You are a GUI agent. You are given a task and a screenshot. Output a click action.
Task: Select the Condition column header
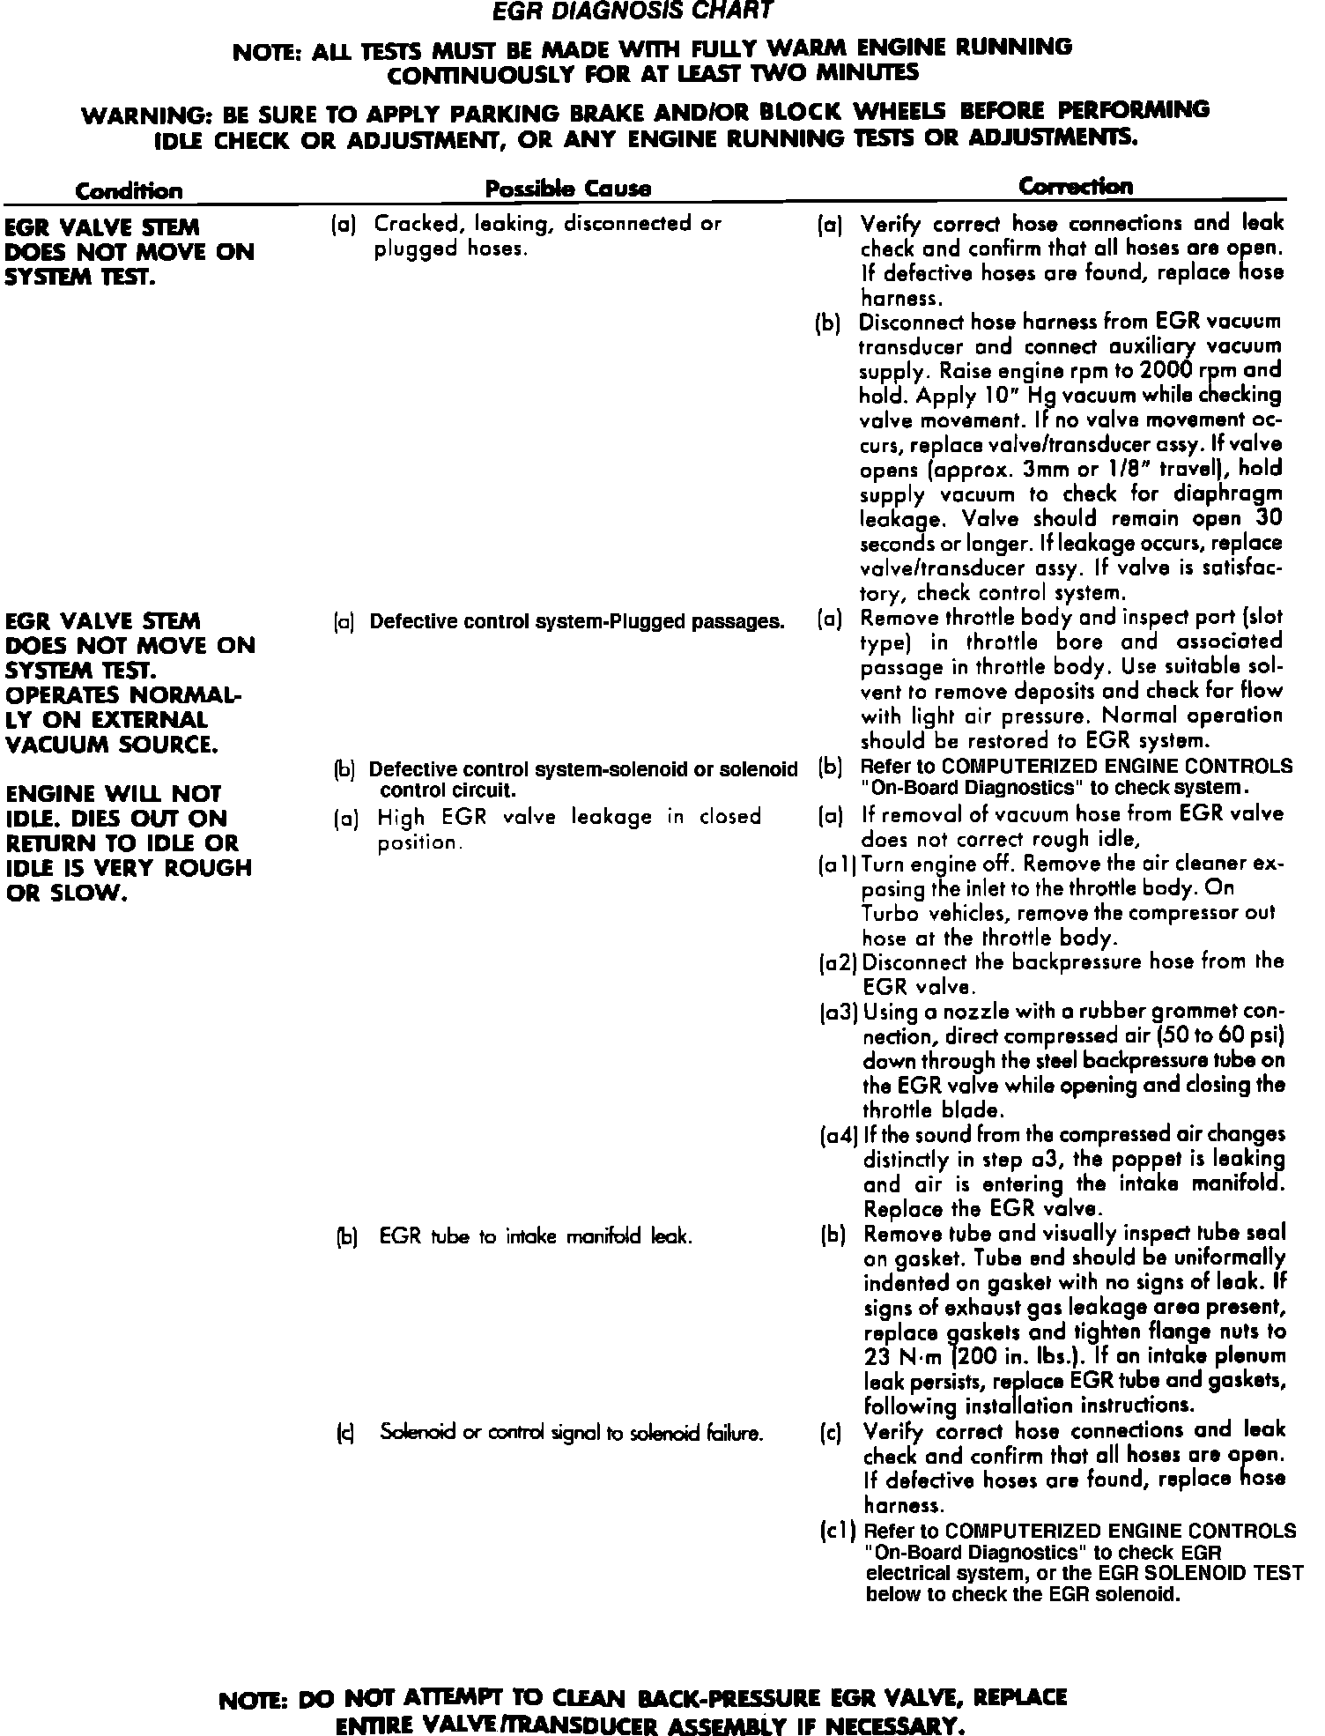click(129, 190)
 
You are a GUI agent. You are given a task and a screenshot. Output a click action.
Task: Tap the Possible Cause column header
click(569, 189)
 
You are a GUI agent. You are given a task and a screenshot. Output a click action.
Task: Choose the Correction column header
click(1076, 187)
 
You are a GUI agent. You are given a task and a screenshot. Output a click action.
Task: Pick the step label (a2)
click(839, 963)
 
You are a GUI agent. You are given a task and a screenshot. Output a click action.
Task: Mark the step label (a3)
click(839, 1013)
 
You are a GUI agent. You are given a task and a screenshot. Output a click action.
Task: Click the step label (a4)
click(839, 1136)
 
